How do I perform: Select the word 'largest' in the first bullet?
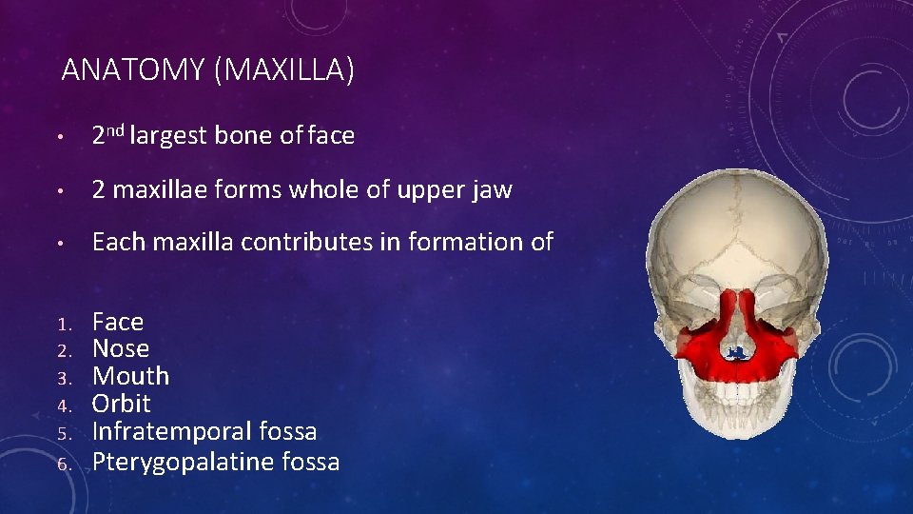point(168,136)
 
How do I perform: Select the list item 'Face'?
point(117,323)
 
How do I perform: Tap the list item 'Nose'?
point(120,349)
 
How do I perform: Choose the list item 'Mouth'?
point(130,376)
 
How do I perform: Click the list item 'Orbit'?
point(121,404)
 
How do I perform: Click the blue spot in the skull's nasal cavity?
point(734,354)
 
